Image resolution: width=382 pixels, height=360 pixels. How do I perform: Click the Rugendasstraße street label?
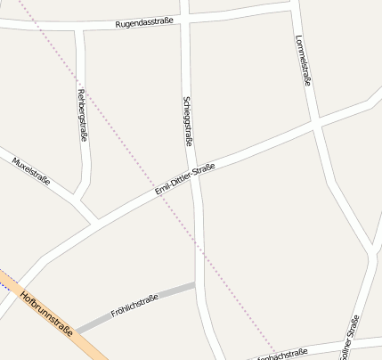click(144, 22)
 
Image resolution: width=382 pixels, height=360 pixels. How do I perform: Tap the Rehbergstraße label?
click(82, 116)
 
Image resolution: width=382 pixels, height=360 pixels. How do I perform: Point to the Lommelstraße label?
click(303, 61)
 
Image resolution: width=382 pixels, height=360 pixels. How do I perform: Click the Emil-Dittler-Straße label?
click(184, 178)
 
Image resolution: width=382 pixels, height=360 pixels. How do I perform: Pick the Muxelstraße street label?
click(31, 173)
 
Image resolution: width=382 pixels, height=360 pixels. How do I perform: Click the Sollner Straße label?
click(351, 337)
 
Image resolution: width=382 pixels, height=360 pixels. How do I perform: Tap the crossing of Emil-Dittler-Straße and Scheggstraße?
click(196, 174)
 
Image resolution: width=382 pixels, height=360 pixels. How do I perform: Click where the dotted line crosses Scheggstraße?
click(201, 258)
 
